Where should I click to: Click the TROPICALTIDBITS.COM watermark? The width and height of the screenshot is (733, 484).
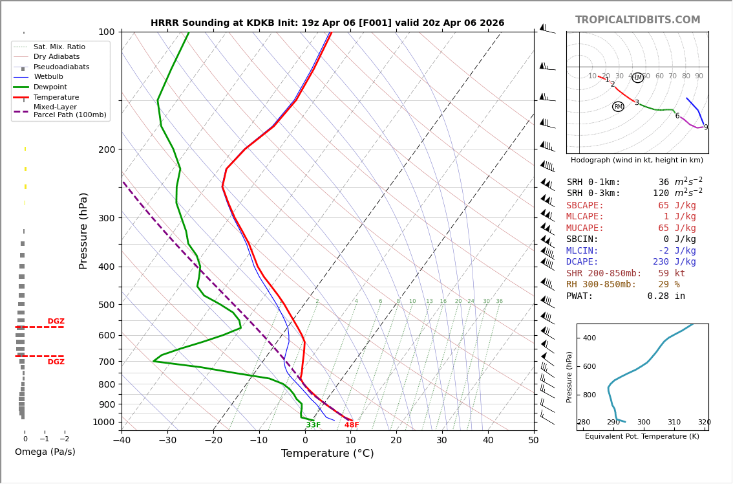(637, 20)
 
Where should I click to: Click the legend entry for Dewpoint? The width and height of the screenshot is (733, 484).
(50, 87)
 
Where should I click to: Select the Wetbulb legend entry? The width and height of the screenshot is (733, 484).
(48, 77)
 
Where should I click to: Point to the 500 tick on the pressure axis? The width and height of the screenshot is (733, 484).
(106, 305)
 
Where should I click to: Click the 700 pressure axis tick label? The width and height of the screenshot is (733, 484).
(106, 362)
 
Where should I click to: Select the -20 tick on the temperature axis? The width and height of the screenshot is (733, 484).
(213, 441)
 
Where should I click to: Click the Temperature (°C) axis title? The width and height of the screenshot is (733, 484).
(327, 454)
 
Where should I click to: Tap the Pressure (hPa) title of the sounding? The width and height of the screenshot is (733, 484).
(83, 230)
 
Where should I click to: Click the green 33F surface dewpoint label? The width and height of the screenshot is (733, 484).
(313, 425)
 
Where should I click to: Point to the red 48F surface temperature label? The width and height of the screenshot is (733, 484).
(352, 425)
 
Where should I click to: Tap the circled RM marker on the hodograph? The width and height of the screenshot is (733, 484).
(618, 107)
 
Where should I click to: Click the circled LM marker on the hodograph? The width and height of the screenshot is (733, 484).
(637, 78)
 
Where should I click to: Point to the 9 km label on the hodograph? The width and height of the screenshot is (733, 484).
(705, 127)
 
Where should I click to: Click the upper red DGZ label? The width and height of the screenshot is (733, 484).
(56, 322)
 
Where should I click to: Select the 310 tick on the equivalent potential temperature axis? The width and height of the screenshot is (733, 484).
(674, 423)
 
